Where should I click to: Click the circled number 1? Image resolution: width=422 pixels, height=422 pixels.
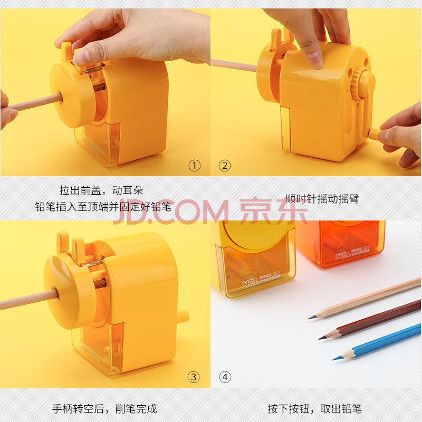[195, 166]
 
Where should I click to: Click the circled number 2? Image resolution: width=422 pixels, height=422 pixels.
[225, 166]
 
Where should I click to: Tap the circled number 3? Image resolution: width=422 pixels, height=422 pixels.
[194, 377]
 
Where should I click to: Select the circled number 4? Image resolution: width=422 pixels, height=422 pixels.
[225, 377]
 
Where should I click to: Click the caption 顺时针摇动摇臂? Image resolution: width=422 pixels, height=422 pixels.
[322, 199]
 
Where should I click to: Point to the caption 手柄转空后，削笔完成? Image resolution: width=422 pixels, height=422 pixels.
[104, 408]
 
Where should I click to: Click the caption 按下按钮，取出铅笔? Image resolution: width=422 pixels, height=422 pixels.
[314, 408]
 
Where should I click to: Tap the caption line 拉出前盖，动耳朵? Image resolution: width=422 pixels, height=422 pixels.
[101, 190]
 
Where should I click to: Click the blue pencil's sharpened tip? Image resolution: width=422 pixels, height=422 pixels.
[334, 359]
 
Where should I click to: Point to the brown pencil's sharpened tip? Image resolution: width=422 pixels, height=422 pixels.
[320, 338]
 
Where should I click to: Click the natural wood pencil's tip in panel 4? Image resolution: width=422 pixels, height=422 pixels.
[309, 318]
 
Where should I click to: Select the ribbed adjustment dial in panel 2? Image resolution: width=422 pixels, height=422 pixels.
[357, 83]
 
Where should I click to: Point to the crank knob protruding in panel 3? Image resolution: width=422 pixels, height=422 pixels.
[183, 317]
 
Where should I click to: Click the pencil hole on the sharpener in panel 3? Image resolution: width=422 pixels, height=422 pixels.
[55, 294]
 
